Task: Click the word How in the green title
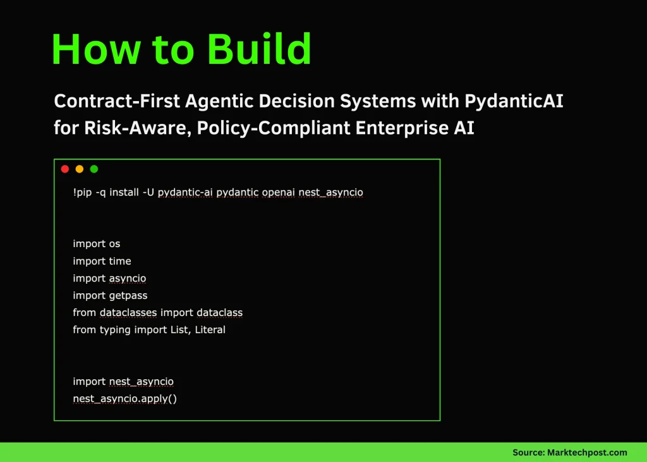88,49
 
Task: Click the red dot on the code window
65,169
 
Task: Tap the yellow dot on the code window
80,169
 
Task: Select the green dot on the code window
94,169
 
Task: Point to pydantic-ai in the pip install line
185,192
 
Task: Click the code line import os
96,244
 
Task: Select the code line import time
102,261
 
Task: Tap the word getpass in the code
128,295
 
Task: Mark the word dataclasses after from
128,312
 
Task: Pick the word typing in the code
115,329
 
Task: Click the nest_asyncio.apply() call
124,399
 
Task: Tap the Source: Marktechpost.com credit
569,452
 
